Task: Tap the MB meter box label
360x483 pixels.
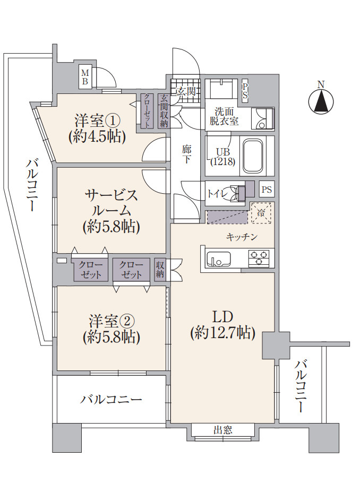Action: [x=85, y=77]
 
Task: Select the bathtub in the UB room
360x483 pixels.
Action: [x=254, y=156]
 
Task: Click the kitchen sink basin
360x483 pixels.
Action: [x=219, y=258]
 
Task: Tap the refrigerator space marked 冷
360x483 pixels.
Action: [x=261, y=212]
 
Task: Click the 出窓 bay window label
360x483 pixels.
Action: [x=223, y=430]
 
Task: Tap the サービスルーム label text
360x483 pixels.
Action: [x=112, y=202]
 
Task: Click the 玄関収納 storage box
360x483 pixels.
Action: [x=164, y=111]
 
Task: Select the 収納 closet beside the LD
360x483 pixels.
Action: [x=160, y=270]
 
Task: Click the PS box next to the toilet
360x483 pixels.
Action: [x=267, y=189]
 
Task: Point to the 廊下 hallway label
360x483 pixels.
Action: [x=186, y=154]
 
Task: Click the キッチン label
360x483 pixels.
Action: [x=242, y=237]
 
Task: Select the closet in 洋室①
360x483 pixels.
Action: [x=147, y=111]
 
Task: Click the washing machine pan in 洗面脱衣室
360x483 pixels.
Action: [x=263, y=118]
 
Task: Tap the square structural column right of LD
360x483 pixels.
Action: [x=276, y=346]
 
